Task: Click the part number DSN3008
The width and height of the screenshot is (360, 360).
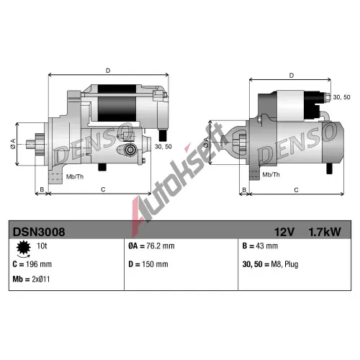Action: pos(39,232)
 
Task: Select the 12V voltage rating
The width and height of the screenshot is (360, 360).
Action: pos(284,232)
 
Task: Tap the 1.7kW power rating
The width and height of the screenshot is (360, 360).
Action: pos(325,232)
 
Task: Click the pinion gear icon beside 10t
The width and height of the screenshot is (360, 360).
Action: pos(24,248)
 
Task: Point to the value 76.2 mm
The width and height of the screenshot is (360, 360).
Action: pos(161,246)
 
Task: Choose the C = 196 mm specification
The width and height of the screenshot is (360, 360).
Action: pos(32,264)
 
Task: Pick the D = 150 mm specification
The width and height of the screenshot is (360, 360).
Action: pos(148,264)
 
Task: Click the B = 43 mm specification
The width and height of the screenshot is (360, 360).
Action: pos(260,246)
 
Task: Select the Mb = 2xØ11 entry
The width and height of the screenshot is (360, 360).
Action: pos(31,279)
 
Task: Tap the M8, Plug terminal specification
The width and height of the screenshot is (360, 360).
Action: pos(284,264)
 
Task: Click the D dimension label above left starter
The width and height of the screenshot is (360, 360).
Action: pos(108,71)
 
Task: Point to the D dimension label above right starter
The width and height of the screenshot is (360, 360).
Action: pos(292,76)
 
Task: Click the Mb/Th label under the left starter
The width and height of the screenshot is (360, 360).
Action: pos(75,177)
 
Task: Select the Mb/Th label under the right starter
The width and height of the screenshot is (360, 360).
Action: pos(271,174)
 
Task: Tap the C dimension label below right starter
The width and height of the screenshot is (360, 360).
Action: pos(296,190)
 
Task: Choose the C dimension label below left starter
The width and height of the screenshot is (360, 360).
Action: pos(103,189)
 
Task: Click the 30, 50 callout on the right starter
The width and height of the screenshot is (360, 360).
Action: pos(341,97)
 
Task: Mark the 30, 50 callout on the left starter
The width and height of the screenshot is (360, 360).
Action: pos(163,147)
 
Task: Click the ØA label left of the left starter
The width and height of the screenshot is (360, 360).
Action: pos(13,144)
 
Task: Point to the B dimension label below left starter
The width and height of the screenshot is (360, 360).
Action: pos(42,189)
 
